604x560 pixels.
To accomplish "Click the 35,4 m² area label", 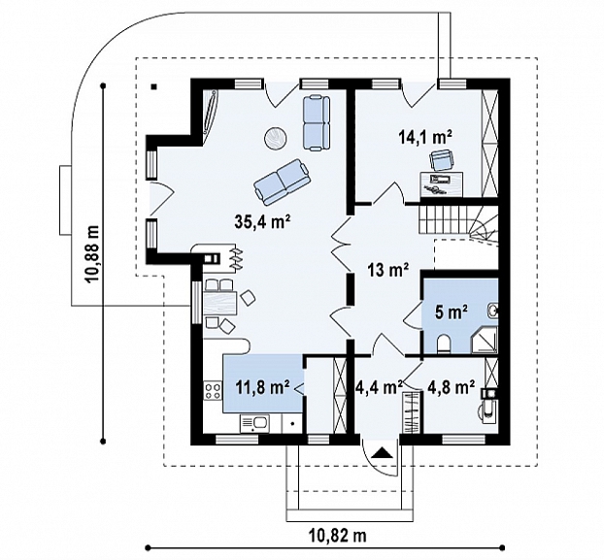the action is (261, 221).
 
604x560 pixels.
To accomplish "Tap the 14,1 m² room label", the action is (425, 137).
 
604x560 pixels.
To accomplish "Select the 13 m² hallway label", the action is (387, 271).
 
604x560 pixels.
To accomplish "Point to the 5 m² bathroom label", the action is (452, 312).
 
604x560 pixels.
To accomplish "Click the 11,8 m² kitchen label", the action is (263, 386).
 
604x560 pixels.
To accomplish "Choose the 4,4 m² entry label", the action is (378, 386).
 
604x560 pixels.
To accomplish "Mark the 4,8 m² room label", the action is (451, 386).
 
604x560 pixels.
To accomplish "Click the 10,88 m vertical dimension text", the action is (93, 254).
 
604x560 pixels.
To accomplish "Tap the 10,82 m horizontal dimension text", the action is (337, 535).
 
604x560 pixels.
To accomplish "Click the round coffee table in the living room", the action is (276, 138).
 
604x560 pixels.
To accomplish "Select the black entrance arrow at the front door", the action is (382, 452).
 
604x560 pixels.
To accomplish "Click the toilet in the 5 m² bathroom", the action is (444, 344).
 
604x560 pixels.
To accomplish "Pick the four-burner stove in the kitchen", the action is (213, 391).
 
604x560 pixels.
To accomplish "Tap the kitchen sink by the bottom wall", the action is (255, 423).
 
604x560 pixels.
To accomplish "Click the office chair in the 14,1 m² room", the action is (441, 159).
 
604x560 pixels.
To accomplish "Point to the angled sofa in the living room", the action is (282, 181).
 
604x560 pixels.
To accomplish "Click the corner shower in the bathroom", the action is (485, 339).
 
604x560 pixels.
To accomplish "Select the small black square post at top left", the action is (153, 86).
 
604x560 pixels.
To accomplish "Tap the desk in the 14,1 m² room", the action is (442, 184).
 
